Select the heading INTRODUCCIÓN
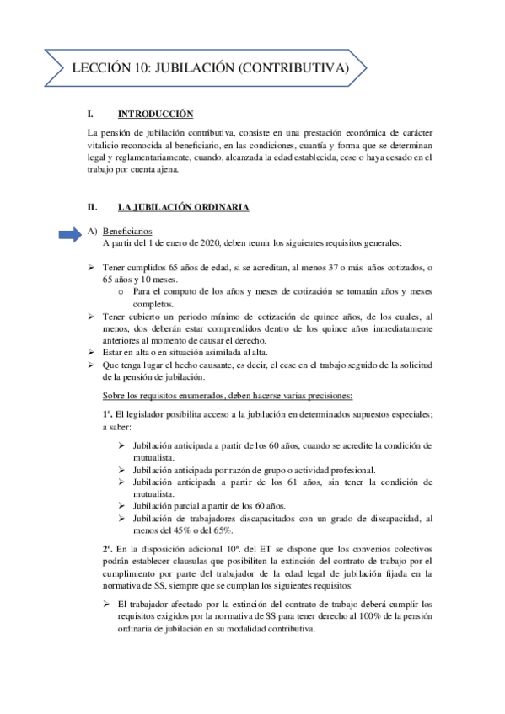tap(156, 114)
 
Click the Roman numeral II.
tap(94, 207)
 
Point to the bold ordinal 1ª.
tap(107, 414)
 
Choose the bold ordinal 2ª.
tap(107, 548)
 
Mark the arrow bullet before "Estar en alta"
tap(92, 351)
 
